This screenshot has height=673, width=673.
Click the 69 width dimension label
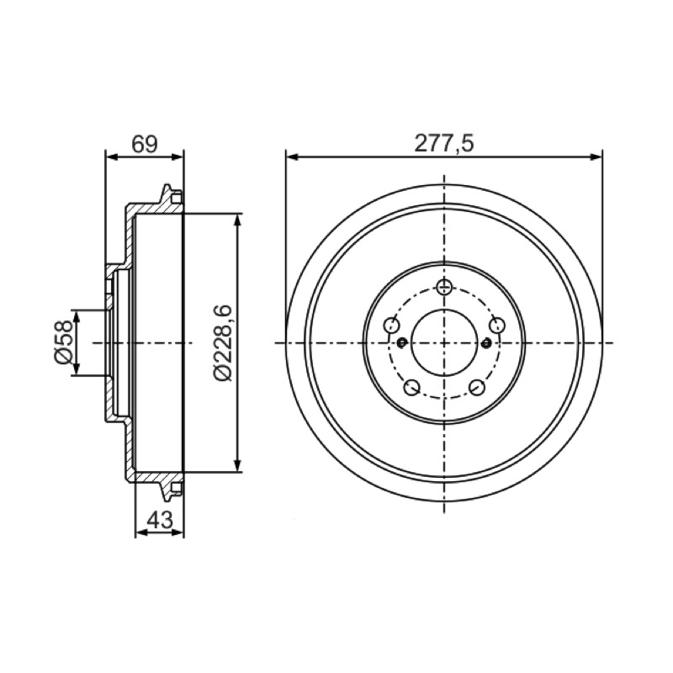145,144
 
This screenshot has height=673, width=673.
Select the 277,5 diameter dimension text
444,143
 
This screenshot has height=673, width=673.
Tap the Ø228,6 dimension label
223,343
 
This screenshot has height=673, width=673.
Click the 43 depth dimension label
159,520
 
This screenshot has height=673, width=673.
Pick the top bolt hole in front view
444,286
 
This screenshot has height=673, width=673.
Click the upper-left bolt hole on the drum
391,325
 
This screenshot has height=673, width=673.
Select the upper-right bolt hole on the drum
497,325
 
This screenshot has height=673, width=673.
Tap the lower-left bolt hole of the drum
411,387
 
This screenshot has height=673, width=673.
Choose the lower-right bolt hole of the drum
477,387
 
